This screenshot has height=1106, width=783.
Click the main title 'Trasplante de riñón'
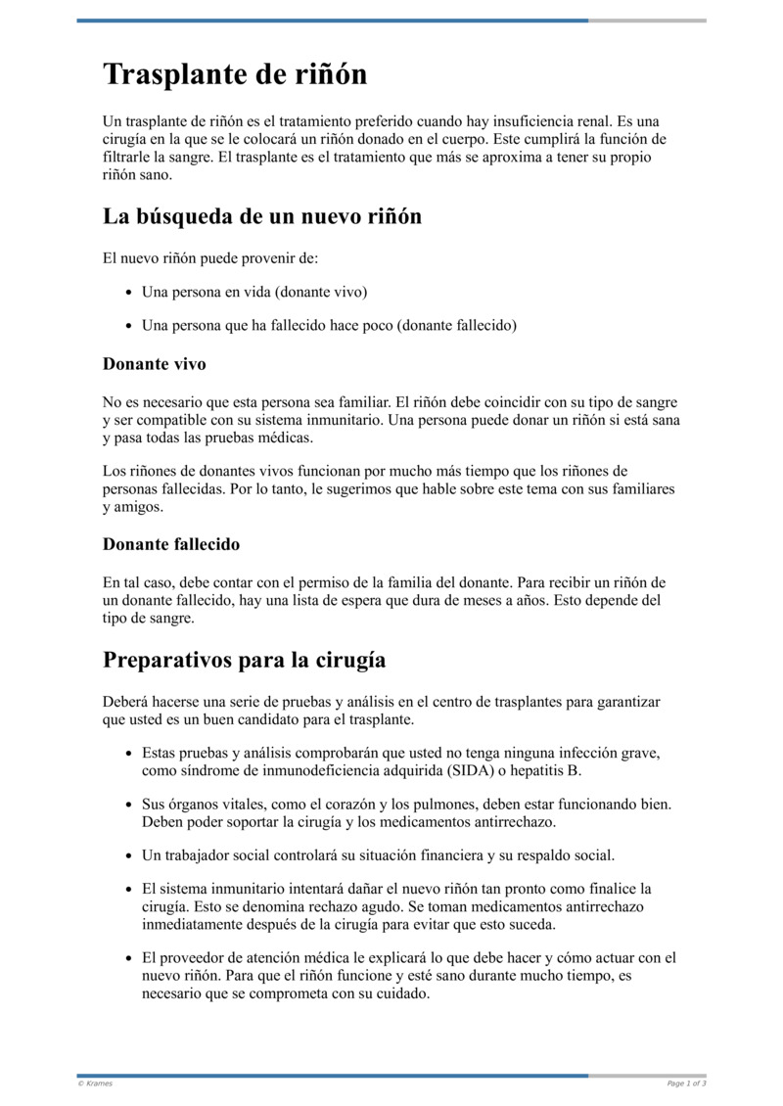[x=235, y=74]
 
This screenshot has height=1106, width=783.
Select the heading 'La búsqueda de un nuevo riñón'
[x=261, y=216]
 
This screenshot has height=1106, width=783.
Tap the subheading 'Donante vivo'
[x=154, y=364]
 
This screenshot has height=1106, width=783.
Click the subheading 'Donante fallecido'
[x=170, y=544]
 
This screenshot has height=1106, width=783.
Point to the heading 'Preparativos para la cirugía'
[x=244, y=660]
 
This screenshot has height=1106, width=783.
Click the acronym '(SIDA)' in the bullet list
[x=471, y=770]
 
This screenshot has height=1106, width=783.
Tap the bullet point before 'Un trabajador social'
[x=129, y=856]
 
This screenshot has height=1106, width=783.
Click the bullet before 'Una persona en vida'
[x=129, y=293]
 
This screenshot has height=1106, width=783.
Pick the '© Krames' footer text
[x=95, y=1083]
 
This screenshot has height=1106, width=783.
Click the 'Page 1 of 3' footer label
[x=686, y=1083]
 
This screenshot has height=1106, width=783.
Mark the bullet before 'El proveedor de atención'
[x=129, y=959]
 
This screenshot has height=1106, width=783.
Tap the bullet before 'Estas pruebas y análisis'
[x=129, y=755]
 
